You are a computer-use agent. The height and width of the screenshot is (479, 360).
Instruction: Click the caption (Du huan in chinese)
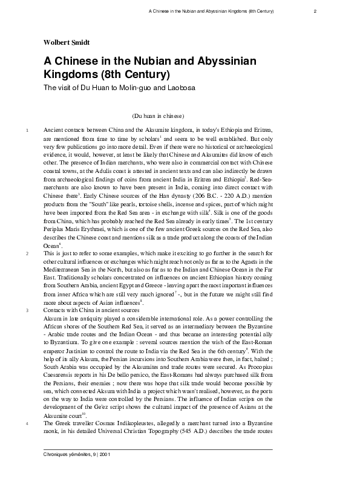[157, 116]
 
